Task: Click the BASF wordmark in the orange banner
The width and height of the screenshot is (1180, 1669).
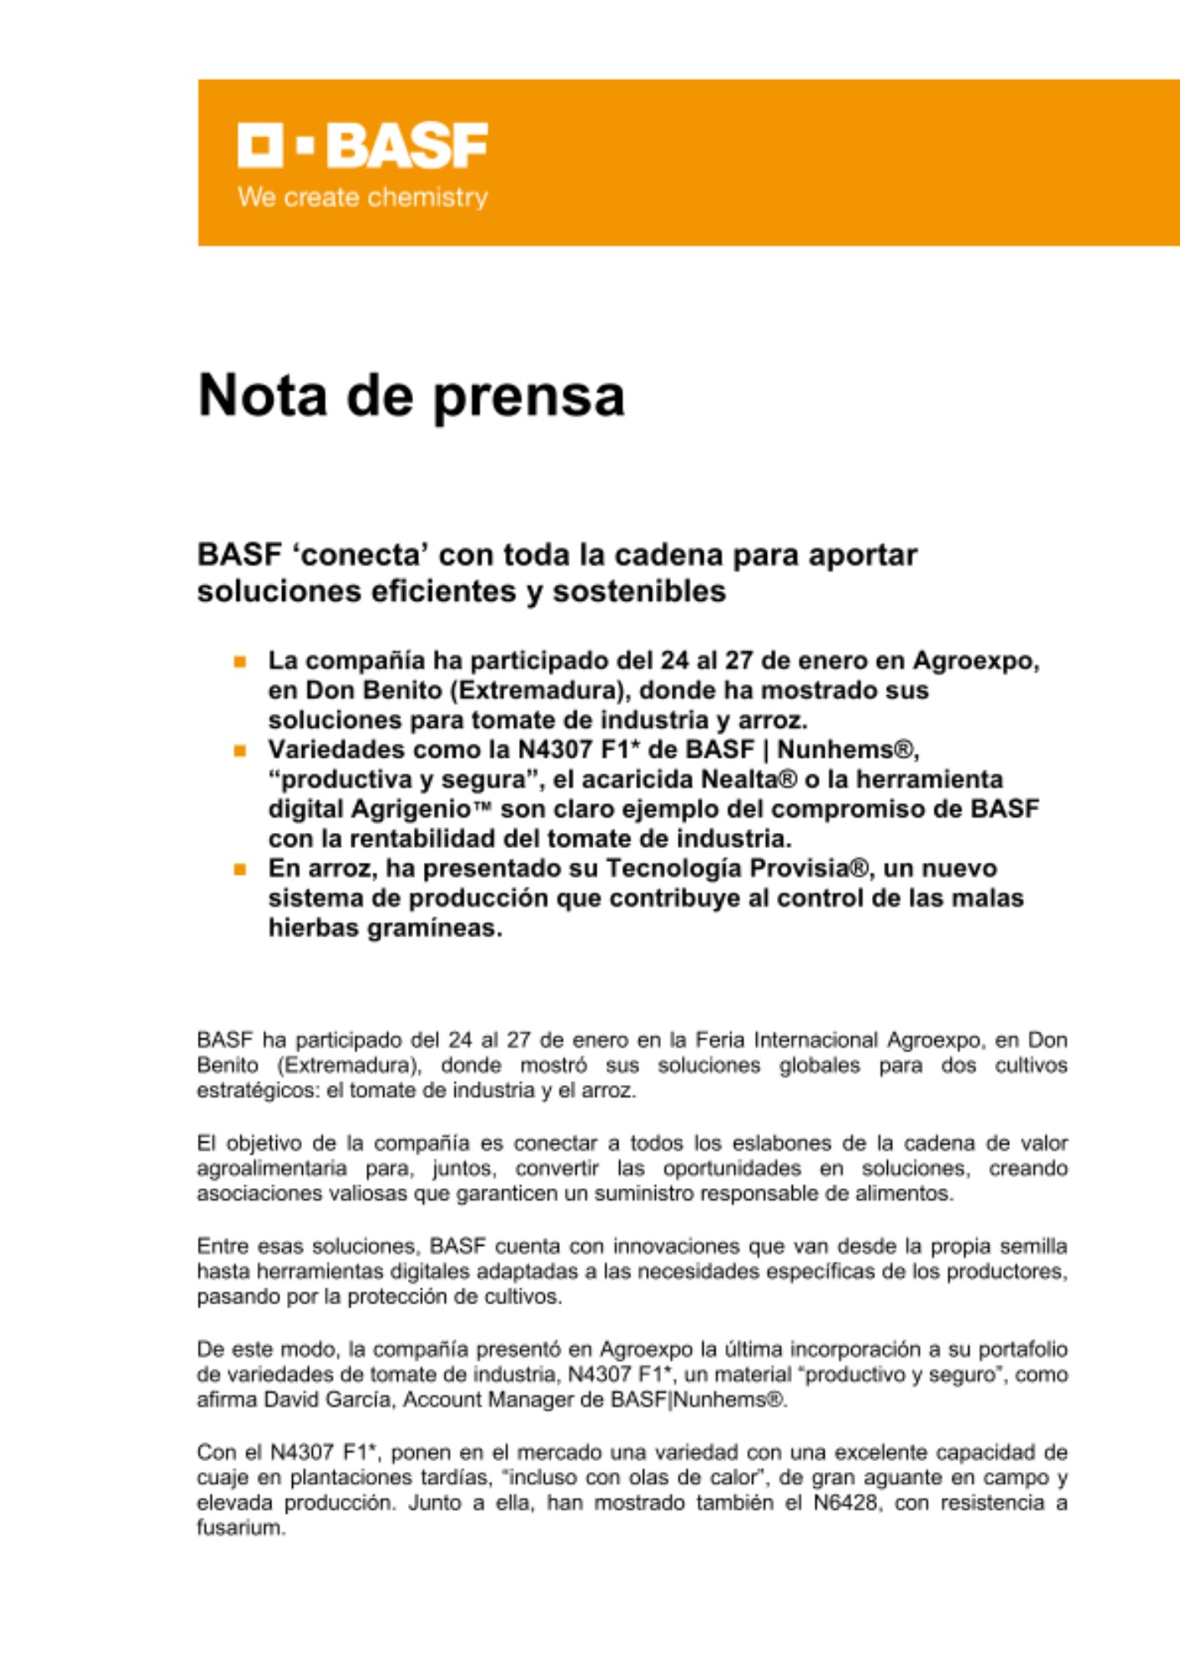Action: [x=406, y=146]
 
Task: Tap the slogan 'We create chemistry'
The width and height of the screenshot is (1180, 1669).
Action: [x=362, y=198]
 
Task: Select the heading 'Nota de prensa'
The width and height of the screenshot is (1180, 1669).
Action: [x=411, y=395]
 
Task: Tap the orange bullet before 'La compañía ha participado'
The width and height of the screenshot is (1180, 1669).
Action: [x=240, y=662]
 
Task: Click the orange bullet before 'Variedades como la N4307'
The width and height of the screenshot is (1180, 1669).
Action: [x=240, y=750]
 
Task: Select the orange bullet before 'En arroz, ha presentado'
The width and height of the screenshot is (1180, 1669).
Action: [x=240, y=870]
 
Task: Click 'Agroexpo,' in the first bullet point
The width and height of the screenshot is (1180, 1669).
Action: [x=976, y=661]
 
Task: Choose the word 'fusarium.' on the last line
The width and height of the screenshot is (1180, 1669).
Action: [x=241, y=1528]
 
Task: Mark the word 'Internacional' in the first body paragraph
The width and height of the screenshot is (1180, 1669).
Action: [x=815, y=1041]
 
